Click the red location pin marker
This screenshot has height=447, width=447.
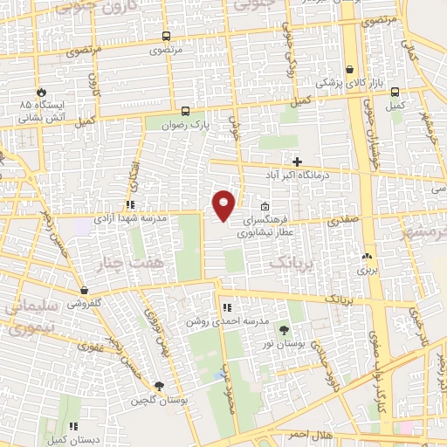tap(224, 203)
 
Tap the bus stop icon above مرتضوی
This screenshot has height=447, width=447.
tap(166, 37)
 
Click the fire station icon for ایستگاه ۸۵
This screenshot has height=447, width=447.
tap(40, 92)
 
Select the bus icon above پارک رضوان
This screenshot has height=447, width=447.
tap(185, 111)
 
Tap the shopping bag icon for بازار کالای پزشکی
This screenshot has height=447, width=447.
tap(349, 70)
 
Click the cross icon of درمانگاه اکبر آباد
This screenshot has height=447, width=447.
tap(298, 162)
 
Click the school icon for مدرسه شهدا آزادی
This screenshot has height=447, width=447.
tap(130, 204)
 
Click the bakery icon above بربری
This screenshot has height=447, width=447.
tap(367, 257)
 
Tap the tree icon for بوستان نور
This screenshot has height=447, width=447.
tap(284, 328)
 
